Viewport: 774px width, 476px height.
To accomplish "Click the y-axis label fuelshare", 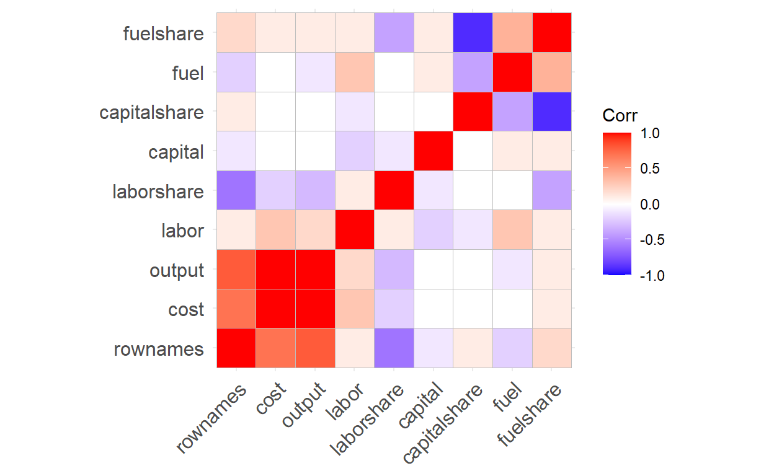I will pos(163,33).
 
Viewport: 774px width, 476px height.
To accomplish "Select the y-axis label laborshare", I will pos(158,192).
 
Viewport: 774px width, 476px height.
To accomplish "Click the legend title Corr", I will pos(620,115).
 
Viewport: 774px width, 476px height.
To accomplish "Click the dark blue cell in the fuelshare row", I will pos(473,32).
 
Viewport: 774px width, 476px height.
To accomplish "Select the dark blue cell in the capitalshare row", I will pos(551,112).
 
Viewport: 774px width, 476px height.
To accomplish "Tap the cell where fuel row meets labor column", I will pos(354,72).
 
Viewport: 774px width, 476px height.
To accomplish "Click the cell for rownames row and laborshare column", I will pos(394,349).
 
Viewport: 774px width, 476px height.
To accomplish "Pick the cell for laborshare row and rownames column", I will pos(236,191).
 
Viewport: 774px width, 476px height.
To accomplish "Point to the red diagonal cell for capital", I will pos(433,151).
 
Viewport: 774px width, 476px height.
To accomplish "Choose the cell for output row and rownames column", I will pos(236,270).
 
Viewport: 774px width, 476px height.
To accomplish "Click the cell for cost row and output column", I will pos(314,309).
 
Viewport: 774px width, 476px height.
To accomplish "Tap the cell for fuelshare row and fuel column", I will pos(512,32).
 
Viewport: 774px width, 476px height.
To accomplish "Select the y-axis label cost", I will pos(185,310).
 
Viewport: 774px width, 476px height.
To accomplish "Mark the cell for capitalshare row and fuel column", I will pos(512,112).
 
